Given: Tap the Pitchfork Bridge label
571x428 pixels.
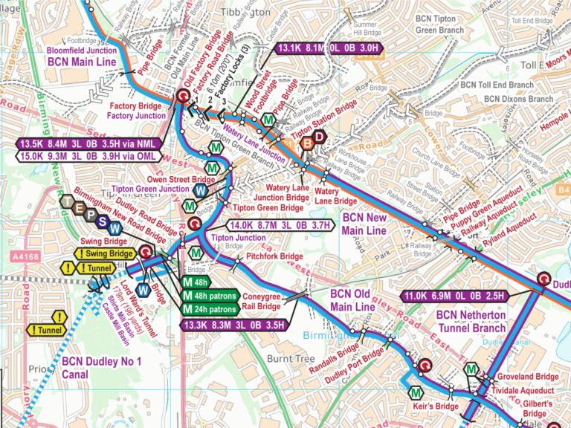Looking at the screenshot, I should pos(276,256).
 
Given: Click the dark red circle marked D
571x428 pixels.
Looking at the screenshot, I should pos(319,137).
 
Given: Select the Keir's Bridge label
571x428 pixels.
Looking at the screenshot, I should pos(436,406).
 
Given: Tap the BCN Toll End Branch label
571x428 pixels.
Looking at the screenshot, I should pos(497,85).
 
